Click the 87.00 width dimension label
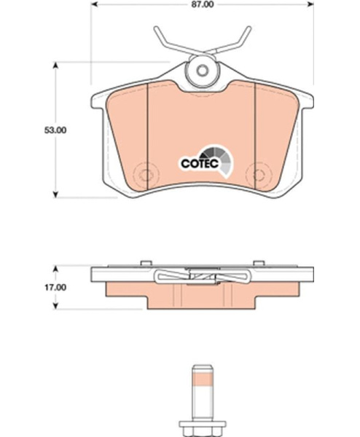pyautogui.click(x=202, y=5)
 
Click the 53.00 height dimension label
pyautogui.click(x=55, y=130)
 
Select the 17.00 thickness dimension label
pyautogui.click(x=55, y=288)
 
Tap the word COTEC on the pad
pyautogui.click(x=200, y=164)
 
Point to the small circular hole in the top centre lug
pyautogui.click(x=202, y=70)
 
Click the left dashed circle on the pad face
pyautogui.click(x=146, y=175)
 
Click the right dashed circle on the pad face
pyautogui.click(x=259, y=175)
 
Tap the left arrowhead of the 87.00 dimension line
pyautogui.click(x=94, y=4)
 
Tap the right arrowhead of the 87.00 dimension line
pyautogui.click(x=310, y=4)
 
